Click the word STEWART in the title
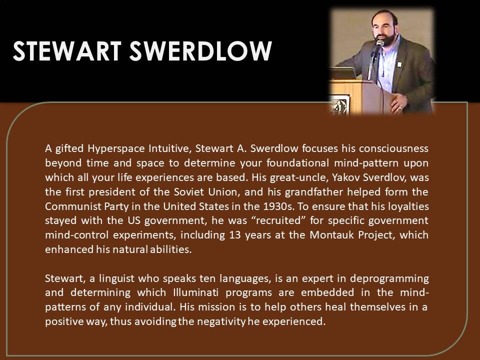pos(66,50)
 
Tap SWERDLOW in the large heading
pos(201,50)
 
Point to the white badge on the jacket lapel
pos(399,64)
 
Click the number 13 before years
pos(231,235)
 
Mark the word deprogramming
pos(389,279)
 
